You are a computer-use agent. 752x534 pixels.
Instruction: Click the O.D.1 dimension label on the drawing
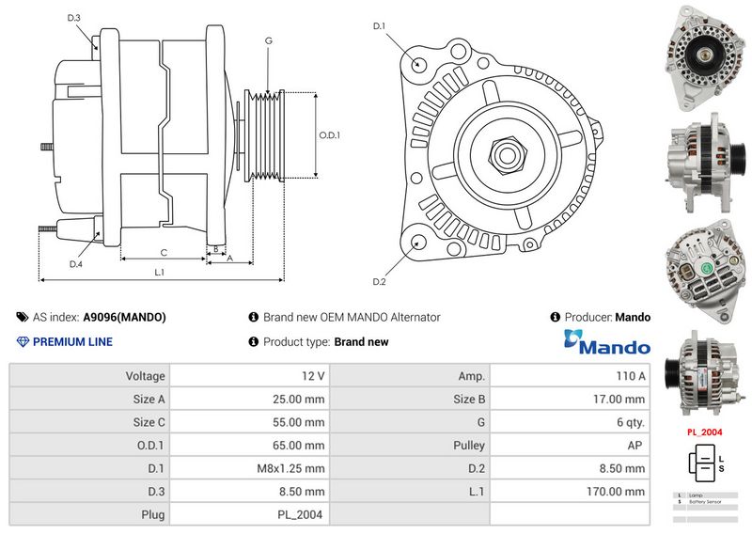click(329, 135)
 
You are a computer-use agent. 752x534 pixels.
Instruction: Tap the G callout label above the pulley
click(269, 40)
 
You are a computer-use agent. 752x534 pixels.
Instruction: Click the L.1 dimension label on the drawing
click(160, 272)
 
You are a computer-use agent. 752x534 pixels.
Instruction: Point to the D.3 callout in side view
click(74, 18)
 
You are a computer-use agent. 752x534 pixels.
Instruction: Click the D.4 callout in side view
click(76, 264)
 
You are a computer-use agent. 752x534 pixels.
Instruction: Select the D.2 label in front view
click(379, 281)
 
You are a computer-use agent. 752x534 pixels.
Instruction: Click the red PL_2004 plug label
click(704, 432)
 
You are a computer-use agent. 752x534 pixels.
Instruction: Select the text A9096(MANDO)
click(124, 318)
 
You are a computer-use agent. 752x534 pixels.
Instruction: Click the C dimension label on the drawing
click(164, 252)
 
